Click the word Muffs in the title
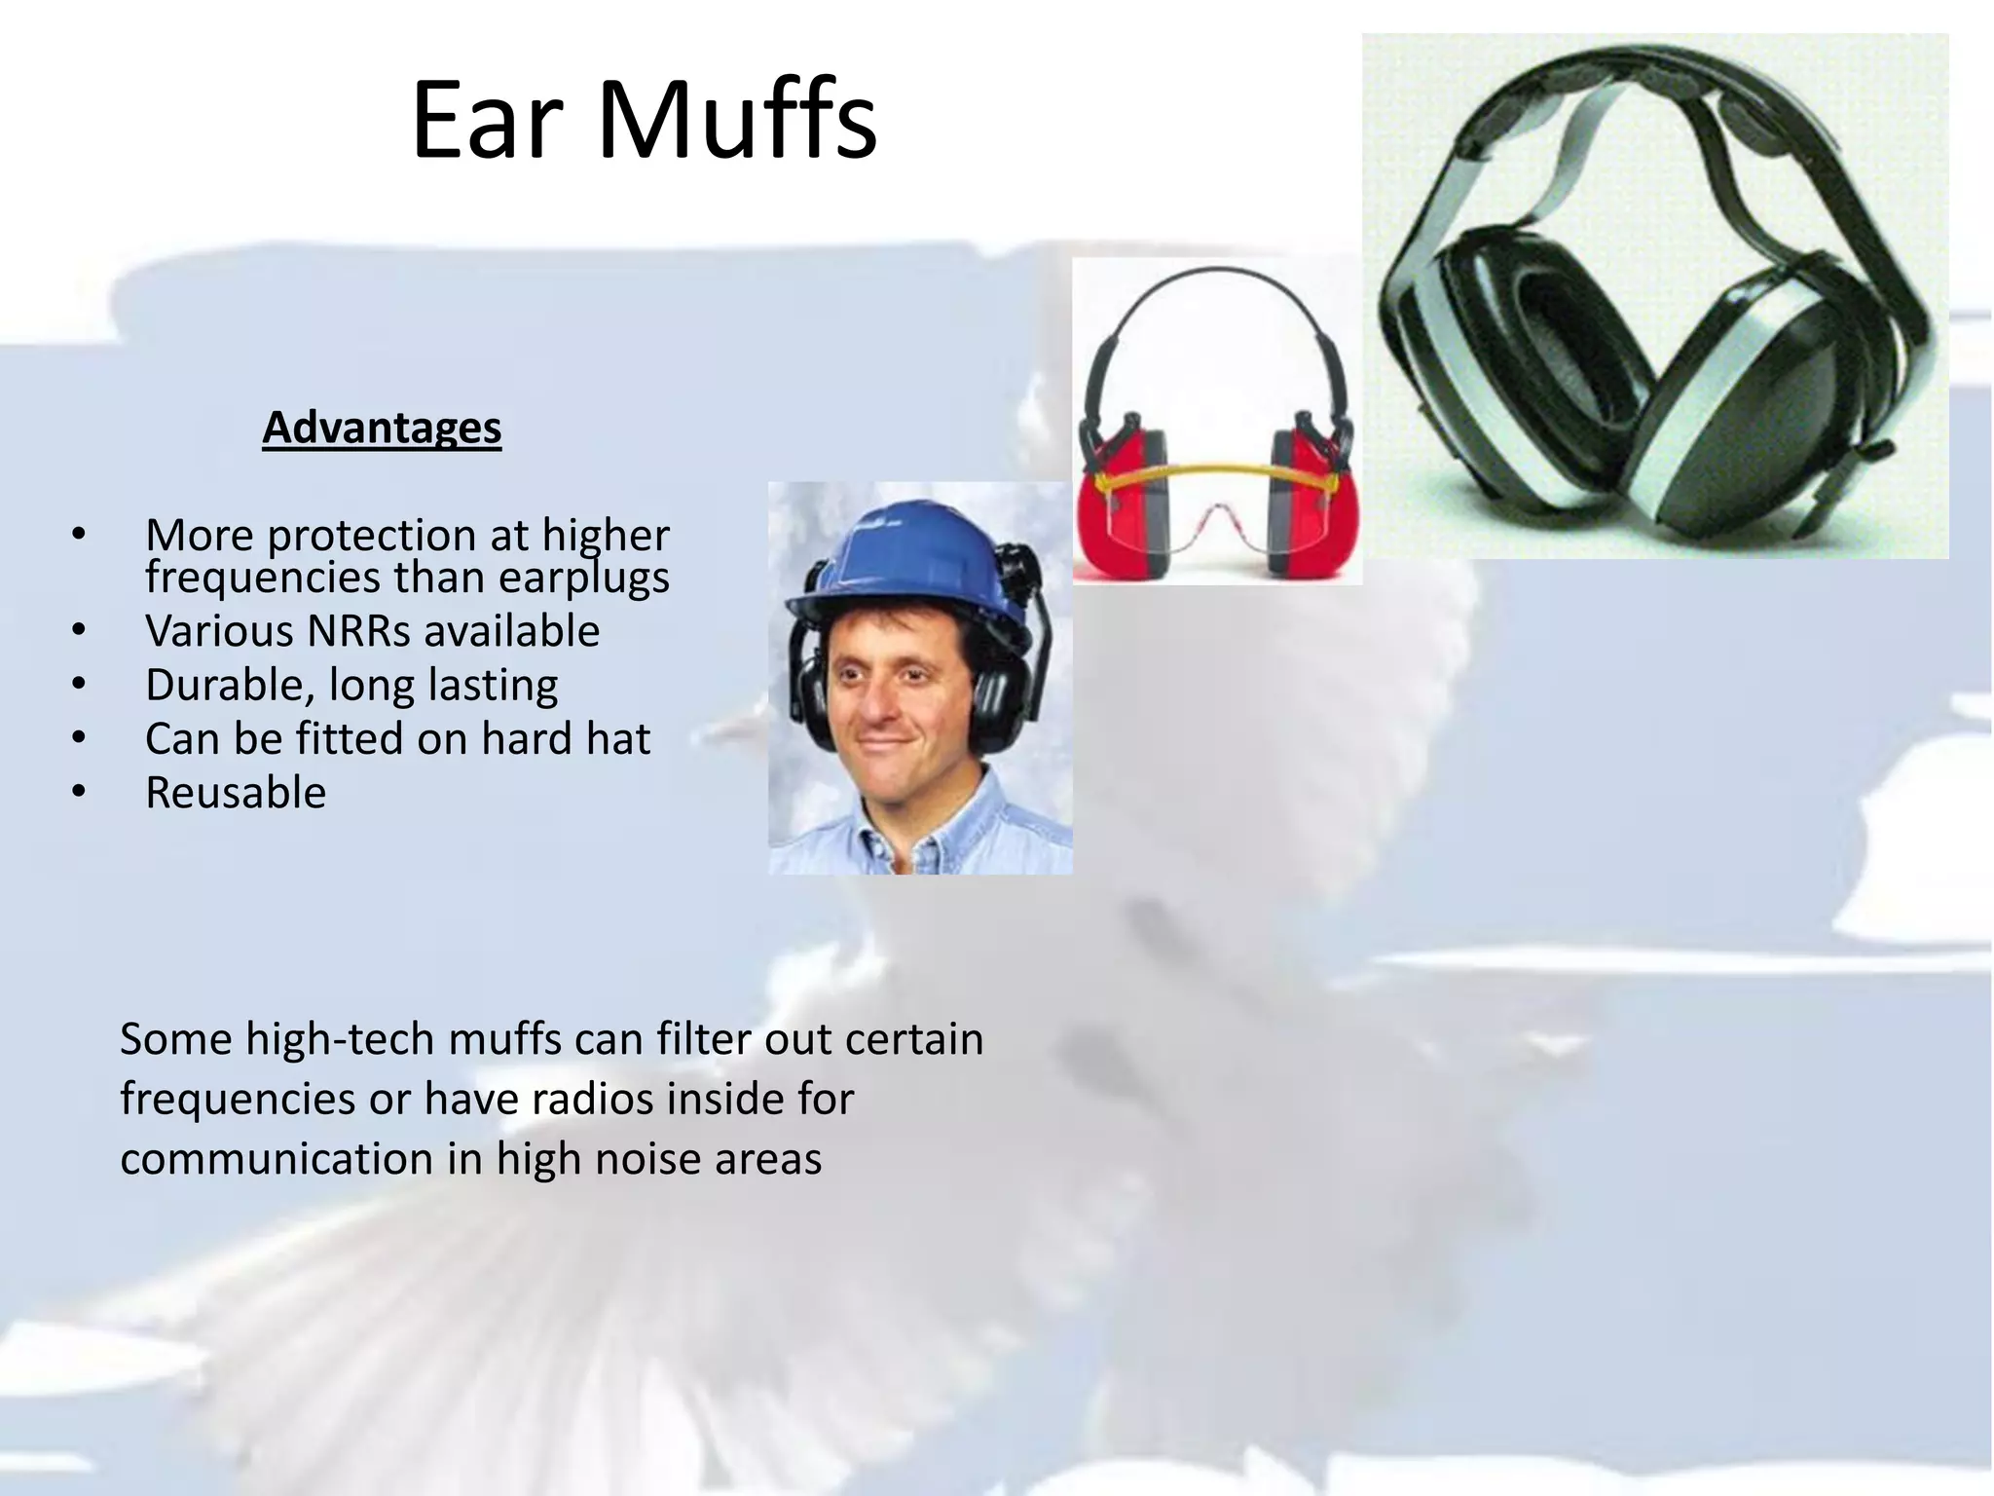click(x=737, y=121)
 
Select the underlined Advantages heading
click(x=382, y=428)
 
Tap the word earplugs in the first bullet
click(x=584, y=578)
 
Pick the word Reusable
click(x=236, y=793)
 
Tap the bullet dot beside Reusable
click(x=79, y=793)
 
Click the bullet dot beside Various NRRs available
click(x=79, y=631)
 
